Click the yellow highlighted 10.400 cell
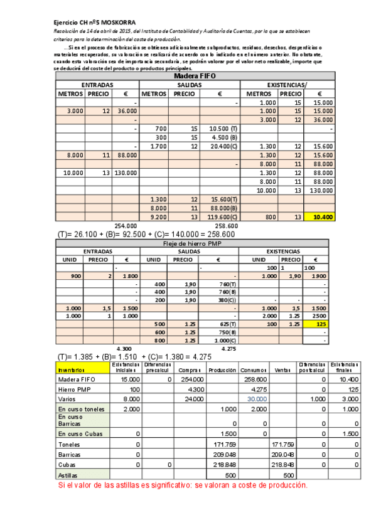(320, 216)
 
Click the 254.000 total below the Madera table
(126, 225)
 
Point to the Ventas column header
(284, 370)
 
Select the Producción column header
(222, 370)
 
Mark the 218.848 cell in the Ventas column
(284, 465)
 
